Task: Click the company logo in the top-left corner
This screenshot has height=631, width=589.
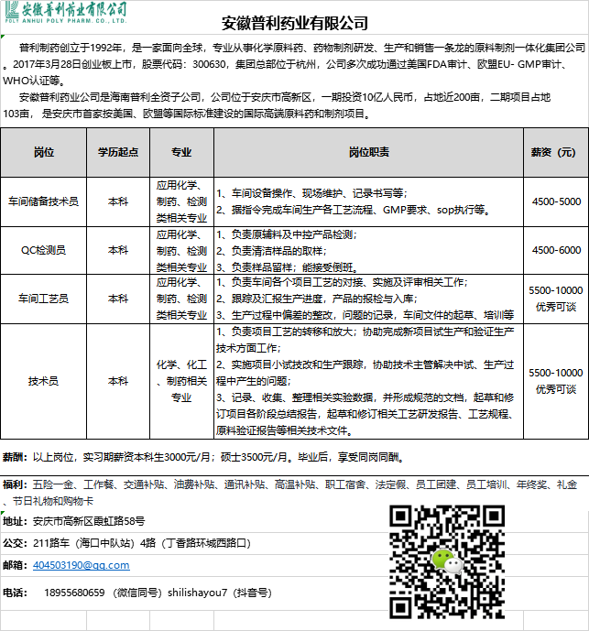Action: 64,13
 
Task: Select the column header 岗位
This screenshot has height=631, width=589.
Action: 43,152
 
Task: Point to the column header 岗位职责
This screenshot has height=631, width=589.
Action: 369,152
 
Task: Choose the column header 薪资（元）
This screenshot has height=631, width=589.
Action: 554,152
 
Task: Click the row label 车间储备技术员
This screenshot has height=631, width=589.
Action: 43,201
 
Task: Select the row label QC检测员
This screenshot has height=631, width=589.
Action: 43,249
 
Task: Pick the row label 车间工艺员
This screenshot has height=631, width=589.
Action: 43,299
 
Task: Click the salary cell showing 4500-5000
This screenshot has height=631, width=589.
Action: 556,201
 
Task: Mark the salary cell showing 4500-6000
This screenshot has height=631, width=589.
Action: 556,249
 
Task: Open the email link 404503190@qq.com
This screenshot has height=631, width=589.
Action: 81,565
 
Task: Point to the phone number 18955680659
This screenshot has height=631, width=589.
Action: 74,593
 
